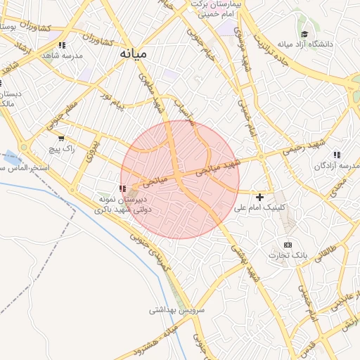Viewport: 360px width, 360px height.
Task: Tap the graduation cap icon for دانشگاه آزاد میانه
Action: coord(304,34)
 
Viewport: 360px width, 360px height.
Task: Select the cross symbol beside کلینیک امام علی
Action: coord(260,197)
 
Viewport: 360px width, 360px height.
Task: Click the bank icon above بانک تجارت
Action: coord(287,244)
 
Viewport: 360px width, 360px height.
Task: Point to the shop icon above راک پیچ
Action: coord(62,138)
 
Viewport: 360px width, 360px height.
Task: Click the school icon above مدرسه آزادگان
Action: coord(337,155)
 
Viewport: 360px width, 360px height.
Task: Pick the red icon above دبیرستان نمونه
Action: coord(123,188)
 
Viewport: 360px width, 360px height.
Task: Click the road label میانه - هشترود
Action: coord(156,342)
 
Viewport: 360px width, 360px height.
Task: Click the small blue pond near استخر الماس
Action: coord(12,159)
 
